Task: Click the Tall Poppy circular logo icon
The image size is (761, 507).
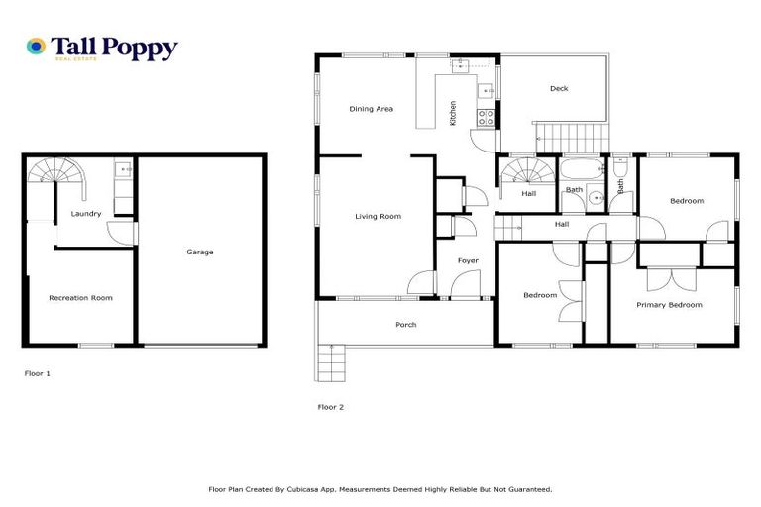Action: click(36, 47)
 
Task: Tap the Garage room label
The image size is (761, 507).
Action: click(200, 252)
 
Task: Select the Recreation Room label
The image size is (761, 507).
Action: click(81, 297)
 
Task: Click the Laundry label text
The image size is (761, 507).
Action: click(85, 213)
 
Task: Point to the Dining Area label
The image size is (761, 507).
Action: click(371, 109)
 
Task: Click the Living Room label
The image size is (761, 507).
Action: click(378, 216)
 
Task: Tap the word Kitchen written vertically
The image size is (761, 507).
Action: click(453, 112)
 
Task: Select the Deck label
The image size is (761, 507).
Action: click(559, 89)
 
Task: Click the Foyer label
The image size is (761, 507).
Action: click(468, 260)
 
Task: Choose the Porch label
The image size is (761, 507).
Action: click(405, 325)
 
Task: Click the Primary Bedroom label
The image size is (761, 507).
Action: click(669, 305)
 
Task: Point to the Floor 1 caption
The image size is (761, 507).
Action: click(37, 373)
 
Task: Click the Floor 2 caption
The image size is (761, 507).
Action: click(330, 406)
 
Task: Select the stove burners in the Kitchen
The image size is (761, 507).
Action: click(487, 116)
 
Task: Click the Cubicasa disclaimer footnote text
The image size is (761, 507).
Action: click(380, 489)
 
